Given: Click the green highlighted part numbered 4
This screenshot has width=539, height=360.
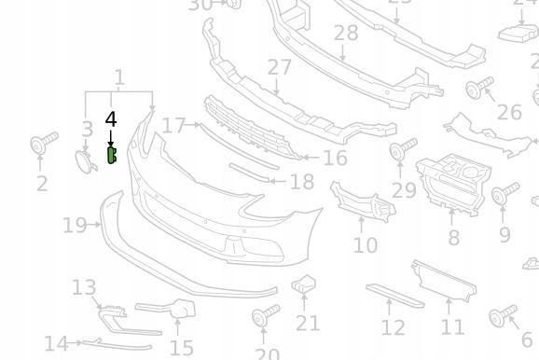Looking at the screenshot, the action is pos(112,155).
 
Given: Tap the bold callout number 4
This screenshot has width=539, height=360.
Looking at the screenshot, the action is pos(111,119).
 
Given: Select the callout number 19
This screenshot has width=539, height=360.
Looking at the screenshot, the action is pos(75,225).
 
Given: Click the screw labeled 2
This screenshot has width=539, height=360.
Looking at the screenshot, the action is pos(42,145).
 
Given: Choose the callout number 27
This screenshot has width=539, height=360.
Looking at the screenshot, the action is pos(279,68).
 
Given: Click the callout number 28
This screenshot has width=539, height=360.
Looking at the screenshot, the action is pos(345,34).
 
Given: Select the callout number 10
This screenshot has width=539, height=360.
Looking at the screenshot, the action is pos(365,245).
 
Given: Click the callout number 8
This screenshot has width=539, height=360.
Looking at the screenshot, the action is pos(453,238).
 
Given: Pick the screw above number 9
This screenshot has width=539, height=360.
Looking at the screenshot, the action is pos(504,195).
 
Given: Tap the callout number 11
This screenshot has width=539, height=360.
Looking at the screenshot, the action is pos(452,327).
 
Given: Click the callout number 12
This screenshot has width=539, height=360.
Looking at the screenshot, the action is pos(394,327).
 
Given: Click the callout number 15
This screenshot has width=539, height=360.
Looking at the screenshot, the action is pos(182,348).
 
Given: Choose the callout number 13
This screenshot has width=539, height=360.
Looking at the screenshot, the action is pos(84,287).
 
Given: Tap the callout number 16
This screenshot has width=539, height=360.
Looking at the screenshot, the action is pos(335,159).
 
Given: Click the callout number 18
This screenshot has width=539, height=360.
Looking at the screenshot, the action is pos(302,183).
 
